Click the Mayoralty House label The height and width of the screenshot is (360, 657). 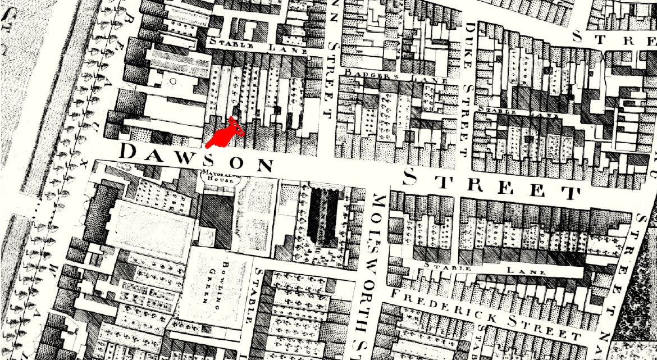pos(222,177)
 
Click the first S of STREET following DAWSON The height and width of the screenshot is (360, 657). pos(410,178)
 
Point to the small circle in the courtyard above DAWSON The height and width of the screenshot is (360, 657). pos(174,81)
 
